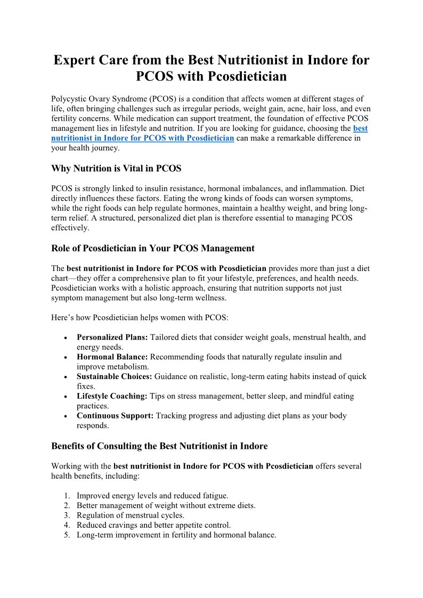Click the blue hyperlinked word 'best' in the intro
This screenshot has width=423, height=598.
360,128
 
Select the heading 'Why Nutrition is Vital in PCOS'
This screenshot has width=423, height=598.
116,169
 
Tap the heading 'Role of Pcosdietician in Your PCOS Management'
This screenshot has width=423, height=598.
153,248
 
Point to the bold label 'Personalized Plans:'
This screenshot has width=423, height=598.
112,337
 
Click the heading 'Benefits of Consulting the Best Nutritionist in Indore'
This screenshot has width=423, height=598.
159,446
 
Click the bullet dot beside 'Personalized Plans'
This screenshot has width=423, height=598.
65,338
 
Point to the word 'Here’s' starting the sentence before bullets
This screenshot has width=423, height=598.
62,317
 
